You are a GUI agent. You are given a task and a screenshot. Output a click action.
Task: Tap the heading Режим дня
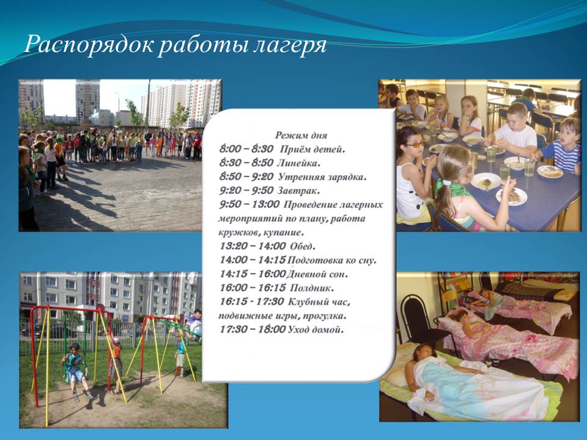(301, 135)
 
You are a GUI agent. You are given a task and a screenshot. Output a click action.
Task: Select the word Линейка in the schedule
(298, 163)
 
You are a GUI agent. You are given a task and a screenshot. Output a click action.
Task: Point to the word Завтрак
(298, 191)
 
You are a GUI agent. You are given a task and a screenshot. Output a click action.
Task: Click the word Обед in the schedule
(303, 246)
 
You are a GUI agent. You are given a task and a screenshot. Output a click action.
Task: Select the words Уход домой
(316, 329)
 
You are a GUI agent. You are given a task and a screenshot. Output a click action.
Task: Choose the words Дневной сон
(317, 274)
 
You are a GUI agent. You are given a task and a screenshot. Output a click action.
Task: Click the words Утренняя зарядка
(322, 177)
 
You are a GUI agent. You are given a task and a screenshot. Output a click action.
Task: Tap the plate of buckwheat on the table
(511, 196)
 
